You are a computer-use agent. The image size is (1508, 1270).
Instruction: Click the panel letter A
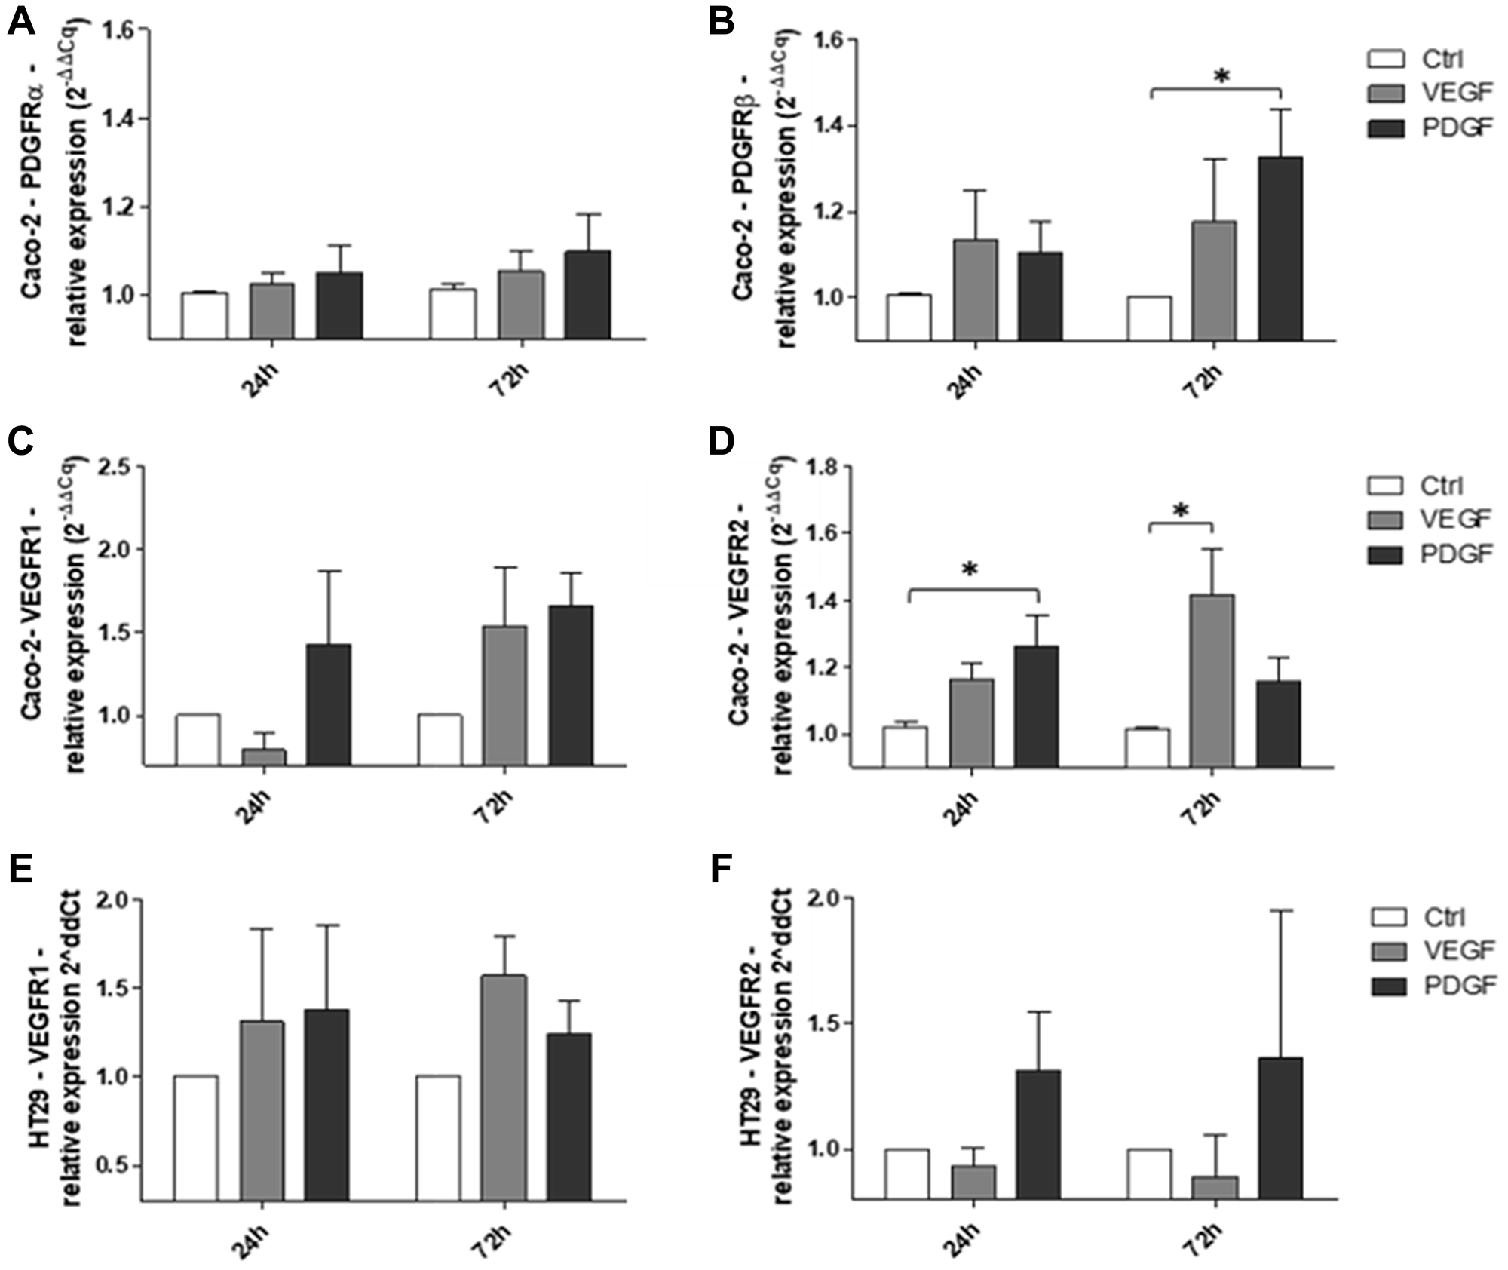(20, 23)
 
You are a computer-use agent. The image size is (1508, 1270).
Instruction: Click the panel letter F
(722, 871)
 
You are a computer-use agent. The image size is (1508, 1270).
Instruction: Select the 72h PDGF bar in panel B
(1280, 249)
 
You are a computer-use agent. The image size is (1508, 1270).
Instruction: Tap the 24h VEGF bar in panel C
(263, 756)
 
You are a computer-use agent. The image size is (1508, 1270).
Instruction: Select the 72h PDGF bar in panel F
(1280, 1127)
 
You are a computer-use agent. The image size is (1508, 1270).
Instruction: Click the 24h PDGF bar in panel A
(339, 305)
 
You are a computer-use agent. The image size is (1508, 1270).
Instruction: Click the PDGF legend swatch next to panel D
(1385, 554)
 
